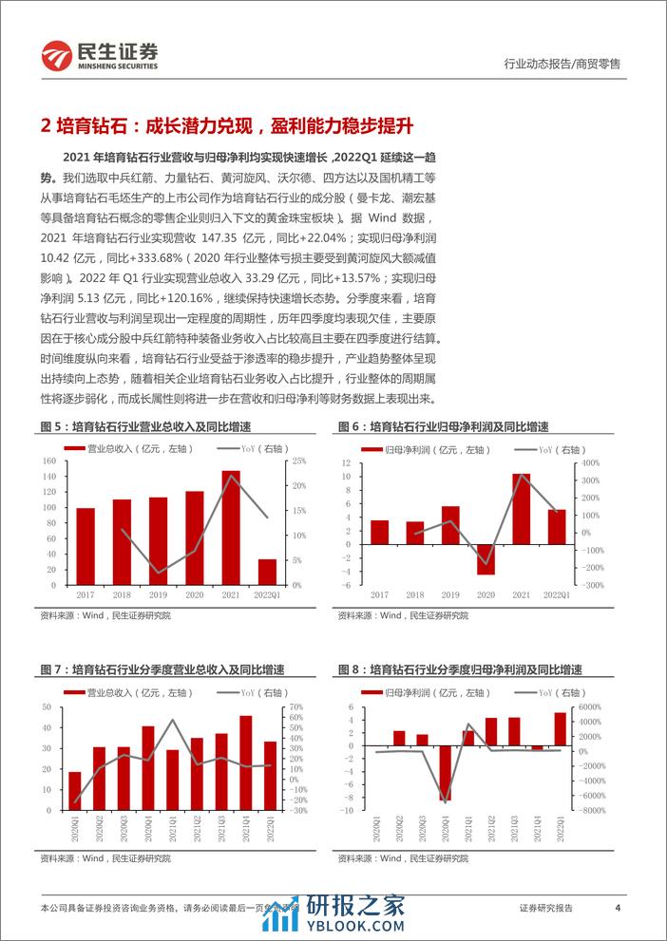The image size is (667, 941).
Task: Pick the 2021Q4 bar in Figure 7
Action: pyautogui.click(x=246, y=758)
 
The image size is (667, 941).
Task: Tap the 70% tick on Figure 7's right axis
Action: pyautogui.click(x=295, y=706)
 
